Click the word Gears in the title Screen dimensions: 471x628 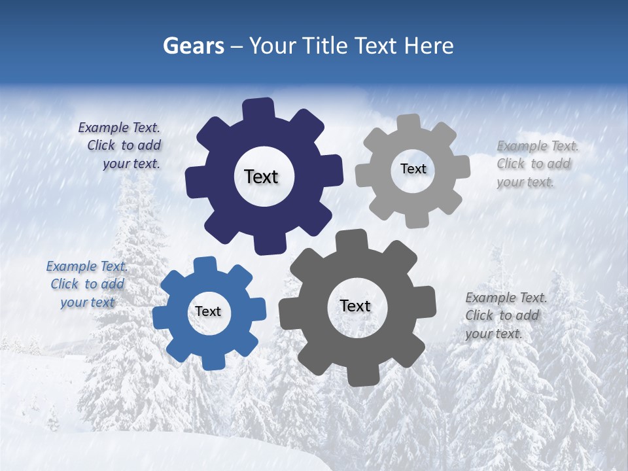coord(193,46)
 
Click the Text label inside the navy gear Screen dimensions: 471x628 coord(261,177)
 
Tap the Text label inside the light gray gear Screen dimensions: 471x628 coord(413,169)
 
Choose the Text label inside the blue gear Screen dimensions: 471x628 coord(208,312)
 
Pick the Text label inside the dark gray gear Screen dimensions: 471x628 coord(355,306)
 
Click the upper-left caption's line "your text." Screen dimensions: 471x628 coord(131,164)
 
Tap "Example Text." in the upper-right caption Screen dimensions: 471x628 coord(538,146)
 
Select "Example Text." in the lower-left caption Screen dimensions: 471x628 coord(87,266)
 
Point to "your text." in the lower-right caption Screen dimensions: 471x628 coord(494,334)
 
